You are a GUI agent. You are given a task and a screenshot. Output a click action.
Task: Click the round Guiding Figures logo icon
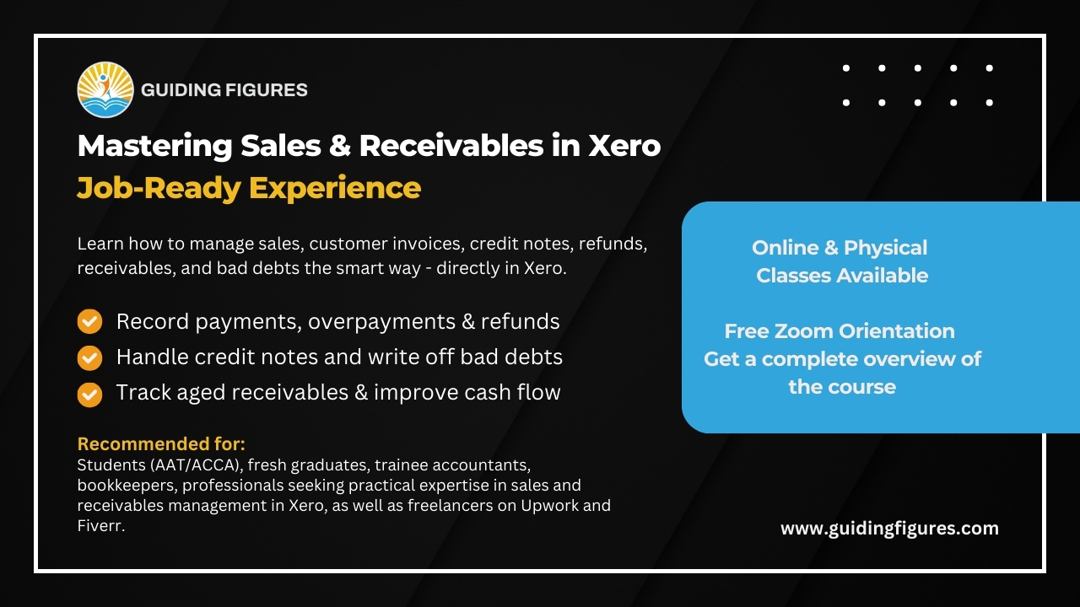coord(105,89)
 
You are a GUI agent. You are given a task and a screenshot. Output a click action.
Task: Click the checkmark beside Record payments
coord(89,321)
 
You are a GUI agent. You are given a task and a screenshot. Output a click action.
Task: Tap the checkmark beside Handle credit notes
coord(89,357)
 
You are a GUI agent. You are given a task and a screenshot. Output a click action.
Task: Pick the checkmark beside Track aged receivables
coord(89,394)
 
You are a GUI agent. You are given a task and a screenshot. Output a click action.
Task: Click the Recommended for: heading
coord(161,443)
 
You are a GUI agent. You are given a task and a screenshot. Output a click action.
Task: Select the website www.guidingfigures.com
coord(889,529)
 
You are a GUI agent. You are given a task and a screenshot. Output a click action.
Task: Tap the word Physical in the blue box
coord(885,248)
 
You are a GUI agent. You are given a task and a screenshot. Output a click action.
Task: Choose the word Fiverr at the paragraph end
coord(100,526)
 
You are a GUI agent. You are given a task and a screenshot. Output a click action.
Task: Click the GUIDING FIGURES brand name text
coord(224,89)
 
